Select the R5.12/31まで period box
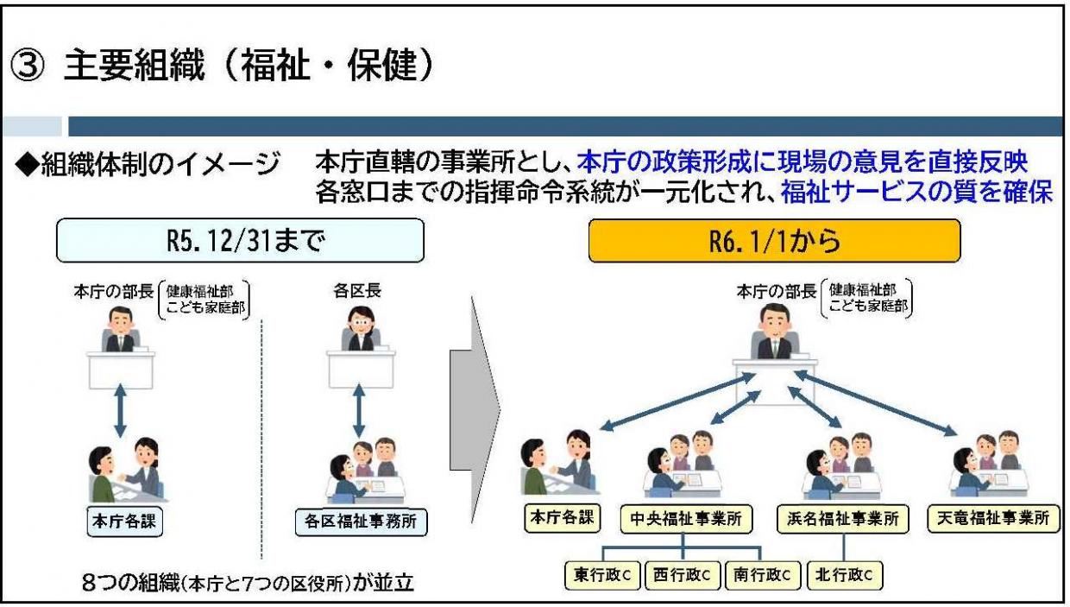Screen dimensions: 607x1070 (x=240, y=240)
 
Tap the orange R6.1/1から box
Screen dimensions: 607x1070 (x=773, y=240)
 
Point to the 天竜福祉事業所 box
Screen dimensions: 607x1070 (x=993, y=520)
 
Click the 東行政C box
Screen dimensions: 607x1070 (x=601, y=574)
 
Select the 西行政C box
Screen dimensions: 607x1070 (x=680, y=574)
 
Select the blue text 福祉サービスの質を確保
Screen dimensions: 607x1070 (x=916, y=193)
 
